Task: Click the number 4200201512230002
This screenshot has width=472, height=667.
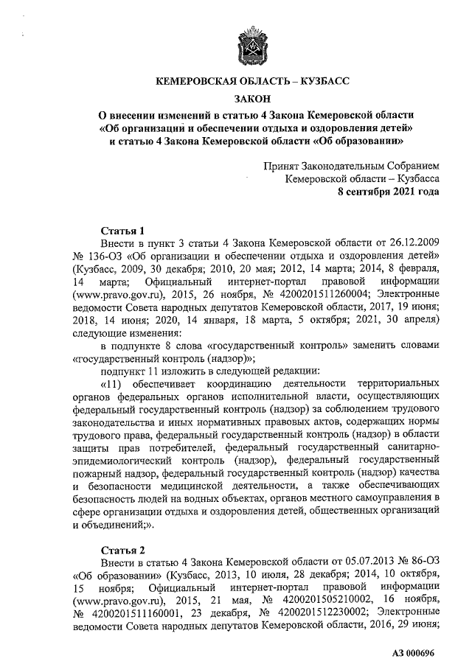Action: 320,615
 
